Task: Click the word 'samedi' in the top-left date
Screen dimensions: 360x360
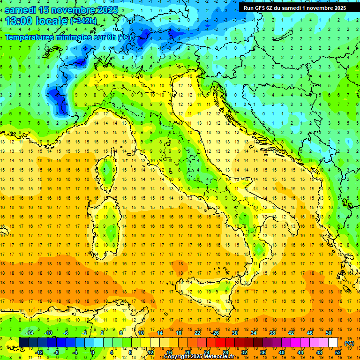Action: pyautogui.click(x=22, y=10)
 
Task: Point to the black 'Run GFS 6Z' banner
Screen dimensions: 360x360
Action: pyautogui.click(x=294, y=7)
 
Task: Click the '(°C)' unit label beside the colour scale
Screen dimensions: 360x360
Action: pyautogui.click(x=349, y=344)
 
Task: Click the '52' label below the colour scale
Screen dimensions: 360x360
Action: pyautogui.click(x=338, y=352)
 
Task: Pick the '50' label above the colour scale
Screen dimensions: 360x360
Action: pyautogui.click(x=328, y=333)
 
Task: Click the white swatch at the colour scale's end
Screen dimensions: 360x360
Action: pyautogui.click(x=333, y=343)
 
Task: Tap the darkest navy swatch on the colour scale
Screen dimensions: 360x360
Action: pyautogui.click(x=24, y=343)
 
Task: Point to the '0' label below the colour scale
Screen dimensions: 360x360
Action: pyautogui.click(x=93, y=352)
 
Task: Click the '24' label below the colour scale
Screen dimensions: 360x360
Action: pyautogui.click(x=206, y=352)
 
